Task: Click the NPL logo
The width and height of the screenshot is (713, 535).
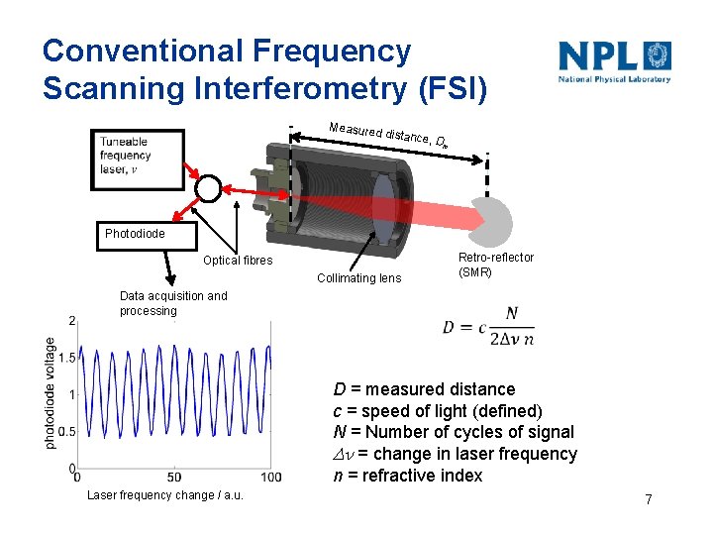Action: tap(614, 61)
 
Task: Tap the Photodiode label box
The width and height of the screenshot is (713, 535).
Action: tap(136, 235)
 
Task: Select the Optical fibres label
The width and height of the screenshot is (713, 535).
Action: tap(238, 261)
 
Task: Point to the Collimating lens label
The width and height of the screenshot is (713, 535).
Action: tap(358, 278)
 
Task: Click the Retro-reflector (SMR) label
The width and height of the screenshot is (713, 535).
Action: tap(495, 265)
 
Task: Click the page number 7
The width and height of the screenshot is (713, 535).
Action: tap(648, 499)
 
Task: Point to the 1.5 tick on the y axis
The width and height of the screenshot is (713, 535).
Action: tap(66, 357)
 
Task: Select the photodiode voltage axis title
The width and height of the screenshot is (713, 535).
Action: tap(51, 393)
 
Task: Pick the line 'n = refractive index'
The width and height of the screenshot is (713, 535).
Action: tap(407, 476)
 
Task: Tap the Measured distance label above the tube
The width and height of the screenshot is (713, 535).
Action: tap(387, 135)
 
